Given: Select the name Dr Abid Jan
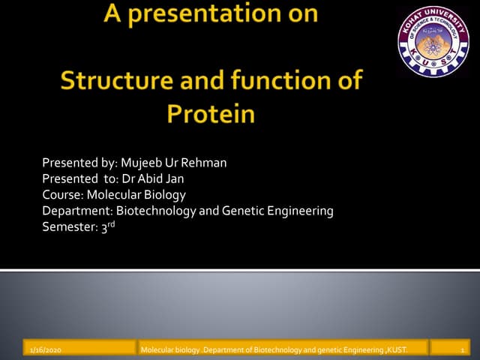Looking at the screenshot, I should (163, 180).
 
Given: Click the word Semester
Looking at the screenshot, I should (70, 227).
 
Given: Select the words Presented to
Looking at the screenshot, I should (73, 180).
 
